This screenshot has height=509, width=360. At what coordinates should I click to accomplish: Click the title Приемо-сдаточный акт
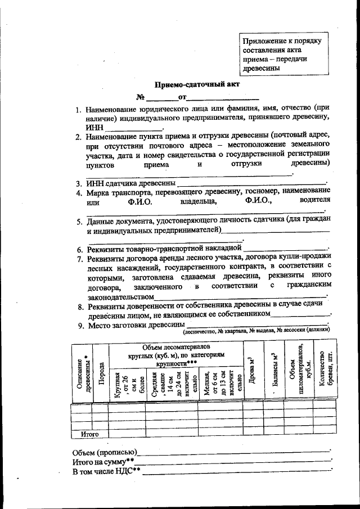click(x=182, y=85)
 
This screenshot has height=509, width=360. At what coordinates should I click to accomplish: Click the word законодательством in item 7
click(x=120, y=296)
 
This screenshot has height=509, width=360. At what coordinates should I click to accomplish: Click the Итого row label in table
click(x=89, y=434)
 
